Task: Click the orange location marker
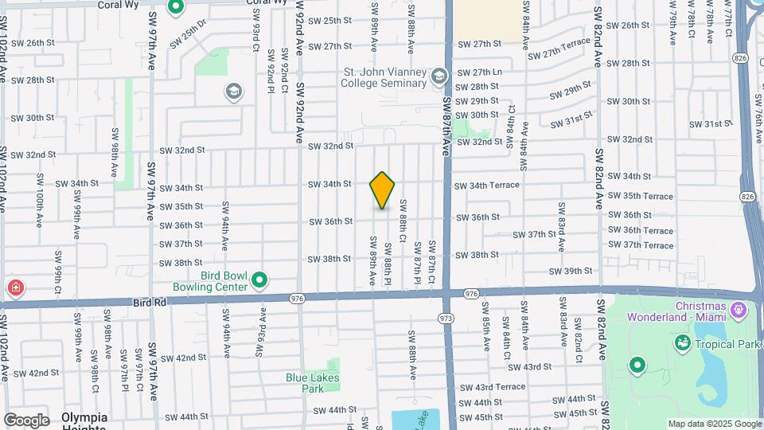[x=382, y=190]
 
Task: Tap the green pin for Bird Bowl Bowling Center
[x=259, y=280]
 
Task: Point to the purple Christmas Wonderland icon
[x=737, y=307]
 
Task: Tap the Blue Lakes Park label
[x=306, y=383]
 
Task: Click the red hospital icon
[x=14, y=287]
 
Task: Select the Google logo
[x=26, y=420]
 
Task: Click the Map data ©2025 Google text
[x=714, y=424]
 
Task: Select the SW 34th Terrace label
[x=486, y=186]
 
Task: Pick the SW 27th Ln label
[x=480, y=72]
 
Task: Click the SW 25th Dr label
[x=188, y=36]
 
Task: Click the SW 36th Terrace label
[x=641, y=231]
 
